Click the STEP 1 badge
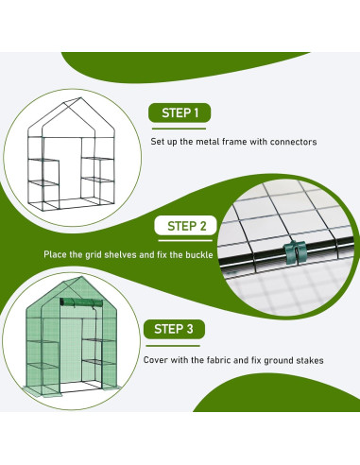click(x=180, y=112)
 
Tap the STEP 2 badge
click(x=186, y=226)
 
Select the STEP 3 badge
click(x=174, y=329)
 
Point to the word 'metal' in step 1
click(x=208, y=142)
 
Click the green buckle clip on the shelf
click(x=295, y=252)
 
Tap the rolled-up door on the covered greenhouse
click(x=81, y=302)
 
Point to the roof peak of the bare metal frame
click(x=81, y=97)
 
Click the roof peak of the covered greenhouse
click(x=82, y=277)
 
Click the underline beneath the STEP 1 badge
click(x=179, y=129)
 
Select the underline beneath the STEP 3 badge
click(x=173, y=346)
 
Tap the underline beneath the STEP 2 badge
click(x=185, y=241)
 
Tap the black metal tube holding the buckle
click(x=285, y=253)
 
